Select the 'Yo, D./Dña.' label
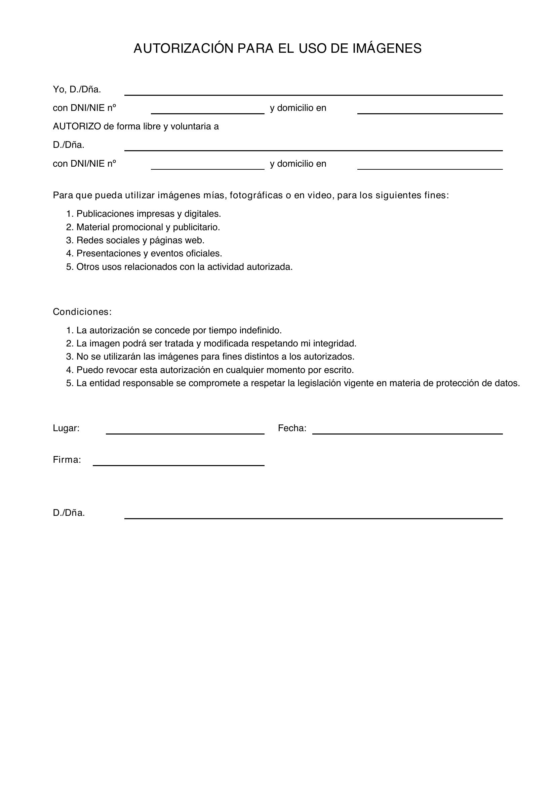[x=77, y=90]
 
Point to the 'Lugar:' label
[x=66, y=428]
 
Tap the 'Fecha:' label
[x=292, y=428]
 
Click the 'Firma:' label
[x=67, y=460]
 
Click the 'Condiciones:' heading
[x=82, y=312]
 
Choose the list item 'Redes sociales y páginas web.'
[x=140, y=240]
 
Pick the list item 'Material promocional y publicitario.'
[x=148, y=227]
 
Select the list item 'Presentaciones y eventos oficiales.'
[x=149, y=254]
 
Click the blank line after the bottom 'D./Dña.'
[x=313, y=515]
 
